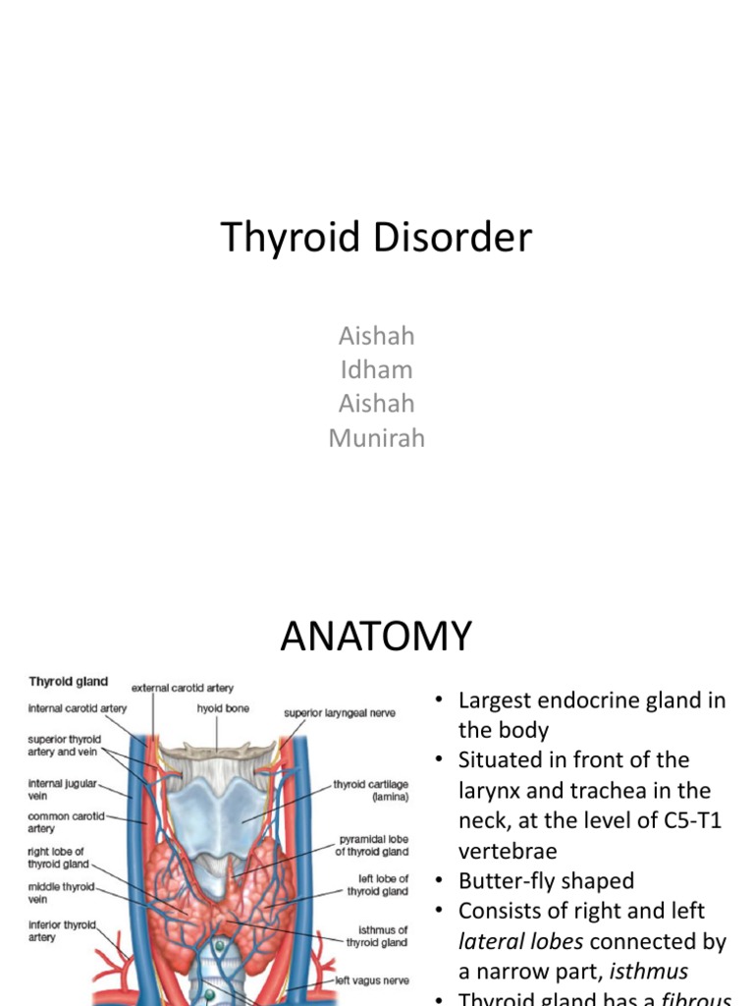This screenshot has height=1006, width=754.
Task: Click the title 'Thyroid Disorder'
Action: pyautogui.click(x=376, y=238)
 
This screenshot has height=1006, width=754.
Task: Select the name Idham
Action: pyautogui.click(x=375, y=370)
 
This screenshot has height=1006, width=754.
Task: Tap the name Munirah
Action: pyautogui.click(x=376, y=438)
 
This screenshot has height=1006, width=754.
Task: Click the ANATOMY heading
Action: pyautogui.click(x=376, y=637)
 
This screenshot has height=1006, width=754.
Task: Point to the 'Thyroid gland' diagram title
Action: pyautogui.click(x=69, y=681)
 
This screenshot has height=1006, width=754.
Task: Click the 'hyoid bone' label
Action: pyautogui.click(x=223, y=707)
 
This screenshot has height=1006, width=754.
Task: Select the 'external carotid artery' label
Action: pyautogui.click(x=183, y=688)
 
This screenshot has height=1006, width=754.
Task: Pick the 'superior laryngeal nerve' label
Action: pyautogui.click(x=340, y=712)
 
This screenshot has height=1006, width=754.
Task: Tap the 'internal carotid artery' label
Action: pyautogui.click(x=78, y=707)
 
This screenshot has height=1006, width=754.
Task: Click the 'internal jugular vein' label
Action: pyautogui.click(x=62, y=789)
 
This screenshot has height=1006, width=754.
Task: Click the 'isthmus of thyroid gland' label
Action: pyautogui.click(x=377, y=935)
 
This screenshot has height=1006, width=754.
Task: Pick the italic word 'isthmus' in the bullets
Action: pyautogui.click(x=649, y=972)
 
